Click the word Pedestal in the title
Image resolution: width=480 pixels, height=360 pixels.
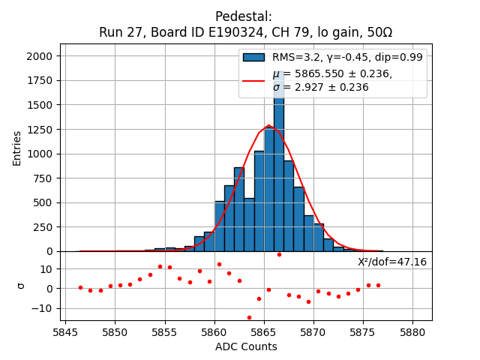coord(244,16)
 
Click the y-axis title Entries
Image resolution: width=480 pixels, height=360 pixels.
coord(17,147)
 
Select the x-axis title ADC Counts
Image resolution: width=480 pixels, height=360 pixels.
coord(246,346)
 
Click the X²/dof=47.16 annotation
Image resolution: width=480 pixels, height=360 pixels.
coord(391,262)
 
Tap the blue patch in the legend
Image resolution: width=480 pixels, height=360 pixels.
coord(253,57)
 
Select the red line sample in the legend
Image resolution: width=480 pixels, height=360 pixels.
coord(253,80)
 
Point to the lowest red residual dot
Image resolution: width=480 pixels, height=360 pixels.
coord(249,317)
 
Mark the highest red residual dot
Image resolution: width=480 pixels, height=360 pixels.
coord(279,254)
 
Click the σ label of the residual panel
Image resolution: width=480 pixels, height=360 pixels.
coord(20,286)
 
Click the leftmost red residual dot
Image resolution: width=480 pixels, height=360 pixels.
coord(80,287)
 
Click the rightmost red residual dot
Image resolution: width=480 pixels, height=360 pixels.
coord(378,285)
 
